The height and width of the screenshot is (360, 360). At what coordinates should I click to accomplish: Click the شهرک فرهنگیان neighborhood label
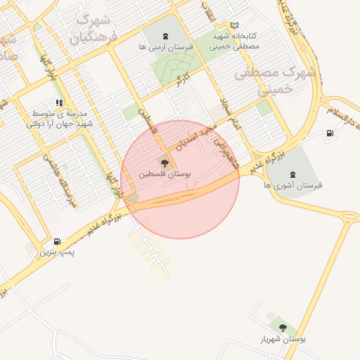point(94,28)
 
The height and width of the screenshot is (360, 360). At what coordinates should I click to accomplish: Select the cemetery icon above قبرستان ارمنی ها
point(165,37)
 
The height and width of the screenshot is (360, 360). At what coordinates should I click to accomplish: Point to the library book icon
point(234,26)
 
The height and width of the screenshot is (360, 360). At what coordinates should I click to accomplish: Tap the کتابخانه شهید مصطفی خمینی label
point(235,41)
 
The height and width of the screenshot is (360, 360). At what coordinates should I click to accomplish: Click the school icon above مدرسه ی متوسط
point(59,103)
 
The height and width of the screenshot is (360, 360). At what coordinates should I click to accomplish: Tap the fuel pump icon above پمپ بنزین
point(56,241)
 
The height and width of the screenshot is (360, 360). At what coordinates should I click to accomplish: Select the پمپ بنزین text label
point(56,251)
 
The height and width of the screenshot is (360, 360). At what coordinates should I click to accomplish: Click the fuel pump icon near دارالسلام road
point(330,134)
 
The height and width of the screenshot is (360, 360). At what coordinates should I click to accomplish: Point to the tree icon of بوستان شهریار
point(283,328)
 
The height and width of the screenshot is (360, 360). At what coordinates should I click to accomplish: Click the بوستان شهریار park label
point(283,339)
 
